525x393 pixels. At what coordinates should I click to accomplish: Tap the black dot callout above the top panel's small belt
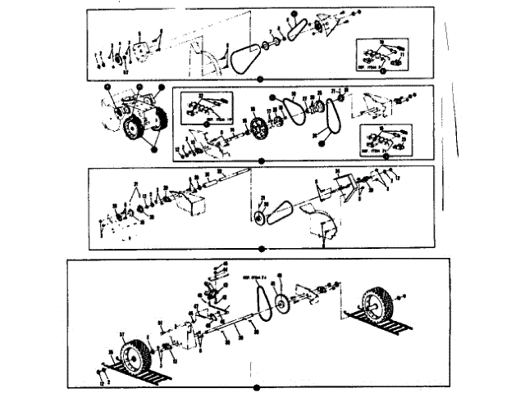tap(291, 14)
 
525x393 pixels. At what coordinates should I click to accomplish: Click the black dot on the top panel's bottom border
tap(260, 79)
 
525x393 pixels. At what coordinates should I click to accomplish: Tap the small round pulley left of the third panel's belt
tap(261, 219)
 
